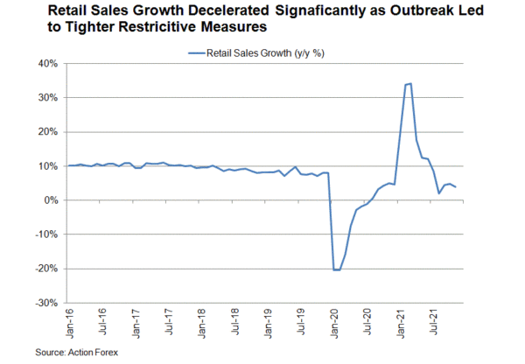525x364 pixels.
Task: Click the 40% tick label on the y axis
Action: pyautogui.click(x=45, y=64)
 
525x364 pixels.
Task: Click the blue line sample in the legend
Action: pyautogui.click(x=196, y=53)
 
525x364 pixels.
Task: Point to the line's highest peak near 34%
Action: pyautogui.click(x=409, y=84)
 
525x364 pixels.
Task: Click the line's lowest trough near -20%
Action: pyautogui.click(x=335, y=269)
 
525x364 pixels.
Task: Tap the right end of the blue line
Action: pyautogui.click(x=455, y=187)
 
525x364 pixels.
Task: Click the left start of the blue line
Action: pyautogui.click(x=69, y=165)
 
